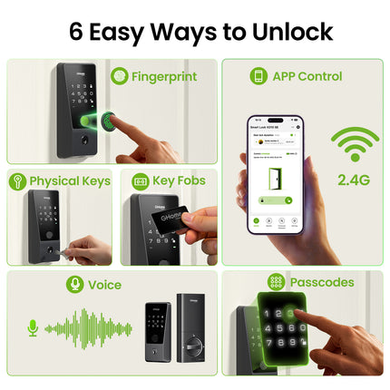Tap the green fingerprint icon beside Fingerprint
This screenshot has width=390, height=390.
[x=119, y=77]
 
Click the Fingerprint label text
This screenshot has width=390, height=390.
[x=163, y=77]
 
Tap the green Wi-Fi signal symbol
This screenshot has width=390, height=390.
[x=355, y=145]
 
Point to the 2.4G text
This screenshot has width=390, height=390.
[x=354, y=180]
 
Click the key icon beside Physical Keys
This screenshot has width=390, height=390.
[x=17, y=181]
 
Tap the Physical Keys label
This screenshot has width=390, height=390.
[x=69, y=181]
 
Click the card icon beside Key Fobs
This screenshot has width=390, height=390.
[x=141, y=181]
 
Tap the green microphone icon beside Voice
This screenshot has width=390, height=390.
[x=74, y=285]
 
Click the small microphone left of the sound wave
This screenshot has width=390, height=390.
[x=33, y=327]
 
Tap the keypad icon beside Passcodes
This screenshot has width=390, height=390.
[x=276, y=283]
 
